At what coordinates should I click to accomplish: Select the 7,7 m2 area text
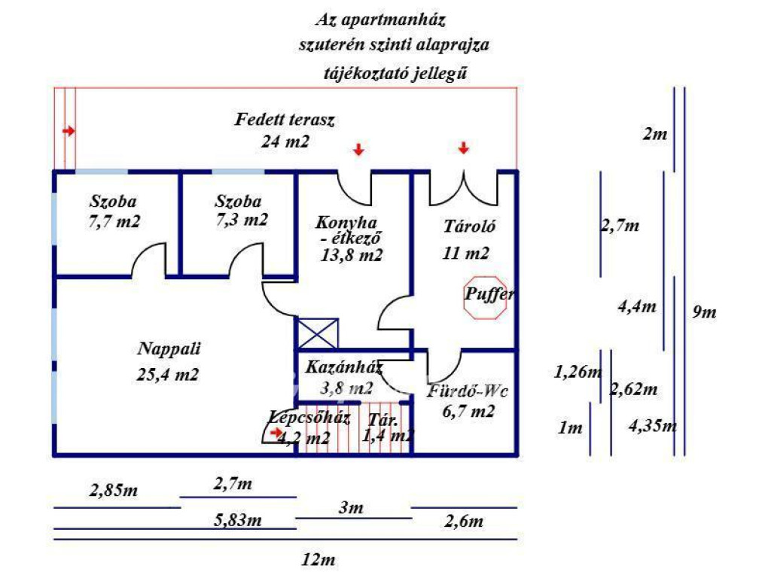(x=114, y=221)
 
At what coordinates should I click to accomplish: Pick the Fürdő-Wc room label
(x=468, y=391)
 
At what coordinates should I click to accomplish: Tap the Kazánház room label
(x=344, y=368)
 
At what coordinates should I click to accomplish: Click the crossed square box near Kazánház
(x=318, y=334)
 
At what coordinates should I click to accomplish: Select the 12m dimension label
(x=318, y=560)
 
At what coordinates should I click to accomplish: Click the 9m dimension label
(x=704, y=312)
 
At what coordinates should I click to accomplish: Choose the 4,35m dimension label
(x=653, y=425)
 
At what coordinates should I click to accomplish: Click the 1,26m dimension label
(x=578, y=371)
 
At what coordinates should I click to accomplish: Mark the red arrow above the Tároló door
(x=463, y=148)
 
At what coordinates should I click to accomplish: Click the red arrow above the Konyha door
(x=359, y=149)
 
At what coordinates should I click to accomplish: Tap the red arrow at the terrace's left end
(x=69, y=131)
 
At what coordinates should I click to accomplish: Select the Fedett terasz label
(x=285, y=119)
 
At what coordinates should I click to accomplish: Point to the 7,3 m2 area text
(x=241, y=220)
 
